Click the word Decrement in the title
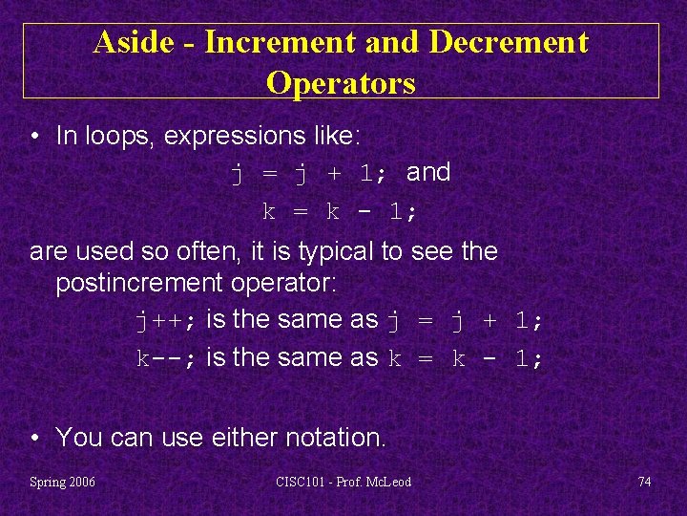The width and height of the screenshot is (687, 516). click(x=509, y=42)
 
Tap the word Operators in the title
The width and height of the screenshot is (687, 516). click(x=341, y=83)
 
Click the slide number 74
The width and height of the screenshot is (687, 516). click(x=644, y=482)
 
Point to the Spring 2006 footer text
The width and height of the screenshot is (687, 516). click(x=63, y=482)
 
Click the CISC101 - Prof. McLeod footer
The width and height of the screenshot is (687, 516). click(x=343, y=482)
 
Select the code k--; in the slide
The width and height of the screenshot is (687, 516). click(x=166, y=359)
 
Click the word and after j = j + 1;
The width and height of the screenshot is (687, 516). click(x=428, y=173)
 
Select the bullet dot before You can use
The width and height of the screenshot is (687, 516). click(x=35, y=439)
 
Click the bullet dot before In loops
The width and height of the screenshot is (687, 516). click(x=35, y=137)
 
